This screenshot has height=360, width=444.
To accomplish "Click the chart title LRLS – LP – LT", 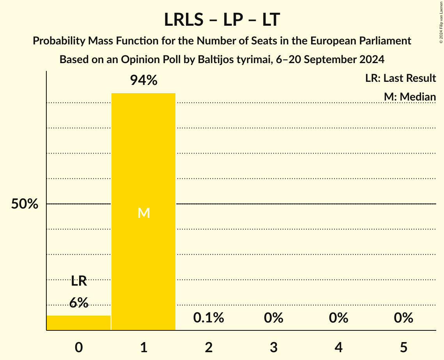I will tap(222, 19).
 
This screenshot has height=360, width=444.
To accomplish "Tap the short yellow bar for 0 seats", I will tap(79, 323).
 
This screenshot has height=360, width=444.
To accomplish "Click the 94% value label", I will tap(143, 81).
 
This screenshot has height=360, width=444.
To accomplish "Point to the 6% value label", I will tap(79, 302).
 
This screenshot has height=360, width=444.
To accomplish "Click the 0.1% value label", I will tap(209, 318).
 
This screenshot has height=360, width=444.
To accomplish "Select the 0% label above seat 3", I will tap(274, 318).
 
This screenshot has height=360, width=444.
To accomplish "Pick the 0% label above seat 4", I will tap(338, 318).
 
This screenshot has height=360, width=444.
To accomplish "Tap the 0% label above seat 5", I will tap(403, 318).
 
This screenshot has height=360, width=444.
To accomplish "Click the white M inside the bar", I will tap(143, 213).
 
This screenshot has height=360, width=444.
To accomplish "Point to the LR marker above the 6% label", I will tap(79, 281).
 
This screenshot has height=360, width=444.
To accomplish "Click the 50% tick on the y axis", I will tap(25, 204).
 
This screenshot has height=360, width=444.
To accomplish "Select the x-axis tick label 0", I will tap(79, 348).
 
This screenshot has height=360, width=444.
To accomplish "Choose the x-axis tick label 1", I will tap(143, 348).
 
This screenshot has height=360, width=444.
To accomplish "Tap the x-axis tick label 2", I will tap(209, 348).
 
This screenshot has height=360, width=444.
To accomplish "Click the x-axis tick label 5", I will tap(403, 348).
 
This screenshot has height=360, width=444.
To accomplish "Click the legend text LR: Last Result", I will tap(400, 78).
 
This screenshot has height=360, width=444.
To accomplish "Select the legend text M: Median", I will tap(410, 97).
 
